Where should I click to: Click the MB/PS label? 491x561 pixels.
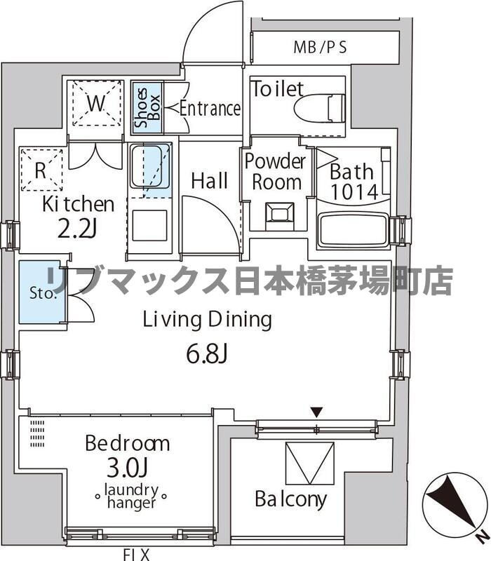coord(320,48)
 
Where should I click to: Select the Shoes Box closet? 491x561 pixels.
coord(147,108)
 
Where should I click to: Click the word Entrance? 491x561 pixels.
coord(210,109)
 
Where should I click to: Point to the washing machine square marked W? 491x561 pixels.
coord(97,104)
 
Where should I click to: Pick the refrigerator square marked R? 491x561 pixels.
coord(41,170)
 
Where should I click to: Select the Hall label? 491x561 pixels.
coord(209,181)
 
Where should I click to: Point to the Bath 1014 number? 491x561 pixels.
coord(354,191)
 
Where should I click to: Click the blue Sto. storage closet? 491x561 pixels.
coord(39,292)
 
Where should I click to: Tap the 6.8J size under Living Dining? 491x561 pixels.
coord(206,354)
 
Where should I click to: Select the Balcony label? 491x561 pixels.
coord(290,499)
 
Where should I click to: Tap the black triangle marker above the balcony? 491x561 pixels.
coord(317,412)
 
